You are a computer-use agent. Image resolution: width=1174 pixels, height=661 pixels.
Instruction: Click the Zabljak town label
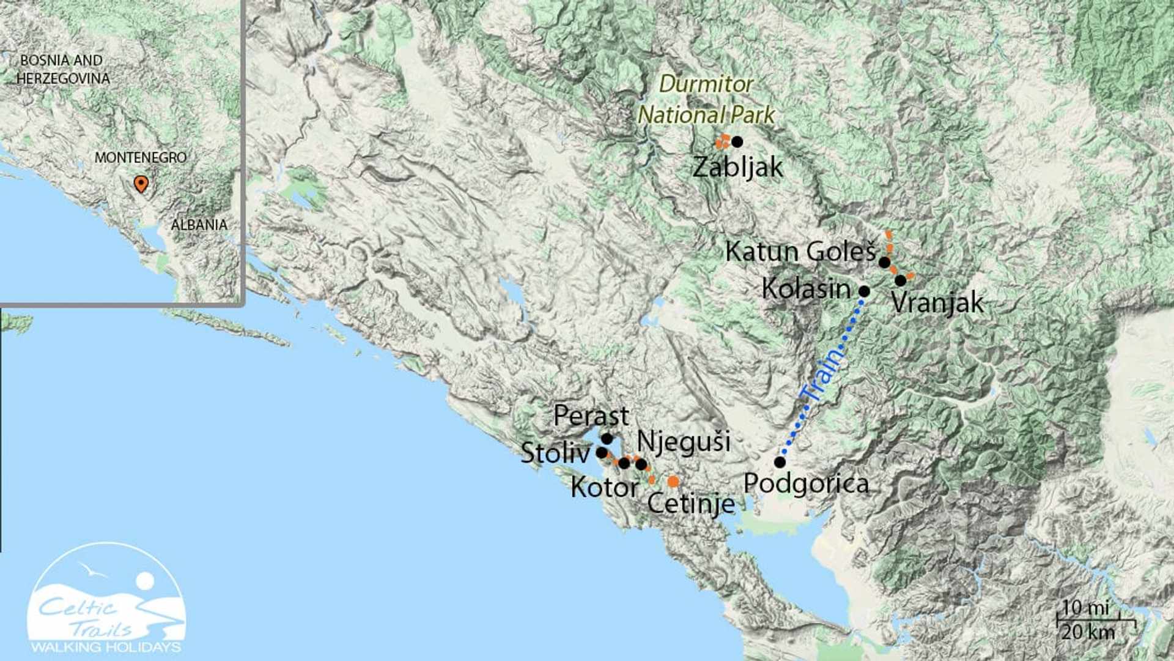click(x=737, y=167)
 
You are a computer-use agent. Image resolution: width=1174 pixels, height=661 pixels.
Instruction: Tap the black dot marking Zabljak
click(x=737, y=142)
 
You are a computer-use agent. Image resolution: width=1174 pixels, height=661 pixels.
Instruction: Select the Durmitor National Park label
click(x=706, y=99)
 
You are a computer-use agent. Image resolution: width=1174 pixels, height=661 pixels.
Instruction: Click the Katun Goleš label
click(x=800, y=252)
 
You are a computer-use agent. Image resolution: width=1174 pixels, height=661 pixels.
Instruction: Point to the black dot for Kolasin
click(x=864, y=291)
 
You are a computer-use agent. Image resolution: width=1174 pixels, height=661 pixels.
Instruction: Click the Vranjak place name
click(x=937, y=302)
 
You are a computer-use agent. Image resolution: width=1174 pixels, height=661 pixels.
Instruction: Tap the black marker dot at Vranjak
click(x=900, y=281)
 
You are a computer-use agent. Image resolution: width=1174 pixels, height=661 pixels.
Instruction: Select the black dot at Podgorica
click(x=780, y=462)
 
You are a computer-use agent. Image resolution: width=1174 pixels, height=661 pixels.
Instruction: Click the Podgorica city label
click(x=806, y=484)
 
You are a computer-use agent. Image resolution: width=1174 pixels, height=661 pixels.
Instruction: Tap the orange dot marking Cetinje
click(x=673, y=482)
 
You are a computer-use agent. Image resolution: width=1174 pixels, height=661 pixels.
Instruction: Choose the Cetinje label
click(x=691, y=504)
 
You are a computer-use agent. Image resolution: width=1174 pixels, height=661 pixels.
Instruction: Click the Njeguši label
click(x=684, y=441)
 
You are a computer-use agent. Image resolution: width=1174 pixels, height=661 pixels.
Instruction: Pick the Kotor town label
click(x=604, y=488)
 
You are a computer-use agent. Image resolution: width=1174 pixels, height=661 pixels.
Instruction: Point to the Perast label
click(x=591, y=416)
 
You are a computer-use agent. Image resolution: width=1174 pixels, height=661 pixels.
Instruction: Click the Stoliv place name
click(x=555, y=453)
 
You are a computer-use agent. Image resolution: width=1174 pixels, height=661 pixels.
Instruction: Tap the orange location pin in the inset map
click(x=141, y=183)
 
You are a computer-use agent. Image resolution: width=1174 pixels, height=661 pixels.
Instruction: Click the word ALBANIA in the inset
click(x=199, y=225)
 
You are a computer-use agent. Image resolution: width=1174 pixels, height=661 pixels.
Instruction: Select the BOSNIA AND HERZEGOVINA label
click(x=63, y=69)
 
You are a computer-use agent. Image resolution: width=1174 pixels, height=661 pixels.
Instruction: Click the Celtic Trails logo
click(x=106, y=600)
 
